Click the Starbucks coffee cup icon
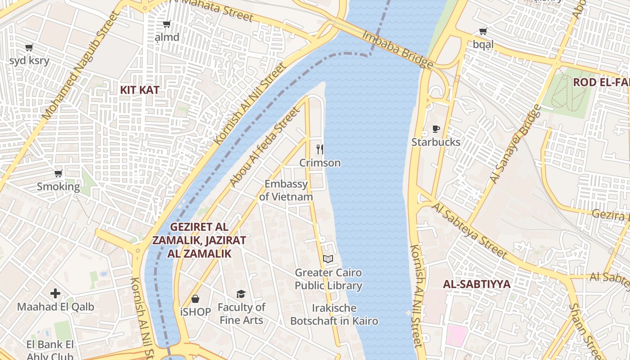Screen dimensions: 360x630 (x=436, y=129)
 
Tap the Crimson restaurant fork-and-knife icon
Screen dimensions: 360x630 (x=320, y=149)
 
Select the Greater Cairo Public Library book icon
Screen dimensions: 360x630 (x=328, y=259)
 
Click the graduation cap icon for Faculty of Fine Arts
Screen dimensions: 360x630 (x=241, y=294)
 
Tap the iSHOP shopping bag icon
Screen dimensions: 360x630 (x=195, y=298)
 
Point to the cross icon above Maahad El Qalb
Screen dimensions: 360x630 (x=55, y=293)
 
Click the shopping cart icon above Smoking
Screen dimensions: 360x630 (x=58, y=173)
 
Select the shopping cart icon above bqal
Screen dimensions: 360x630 (x=483, y=31)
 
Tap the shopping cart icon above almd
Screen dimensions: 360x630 (x=166, y=24)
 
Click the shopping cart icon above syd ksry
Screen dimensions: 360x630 (x=29, y=47)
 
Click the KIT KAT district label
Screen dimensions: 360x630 (x=139, y=90)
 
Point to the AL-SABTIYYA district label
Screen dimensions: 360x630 (x=477, y=284)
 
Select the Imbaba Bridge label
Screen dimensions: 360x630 (x=398, y=49)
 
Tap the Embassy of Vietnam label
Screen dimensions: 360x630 (x=286, y=190)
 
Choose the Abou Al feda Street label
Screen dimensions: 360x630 (x=264, y=147)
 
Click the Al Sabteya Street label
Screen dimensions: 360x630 (x=470, y=230)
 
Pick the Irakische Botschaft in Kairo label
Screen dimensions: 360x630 (x=334, y=315)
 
